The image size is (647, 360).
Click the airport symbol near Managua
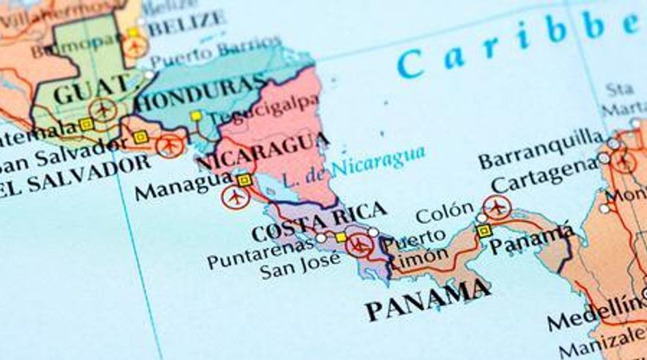click(x=236, y=197)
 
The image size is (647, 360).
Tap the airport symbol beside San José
click(x=359, y=244)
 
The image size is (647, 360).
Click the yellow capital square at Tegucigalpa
click(x=196, y=116)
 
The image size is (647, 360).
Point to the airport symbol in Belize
click(x=136, y=47)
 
